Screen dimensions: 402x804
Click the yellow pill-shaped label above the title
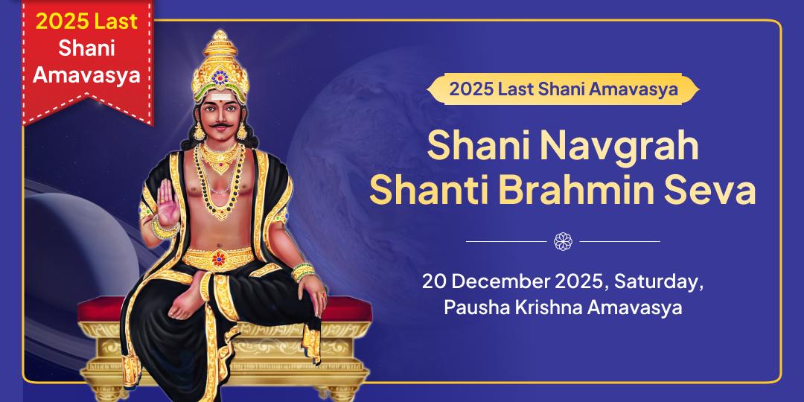(563, 90)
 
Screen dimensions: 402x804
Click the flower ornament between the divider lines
(563, 241)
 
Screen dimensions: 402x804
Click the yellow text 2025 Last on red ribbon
(88, 22)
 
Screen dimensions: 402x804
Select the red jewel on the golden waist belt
(219, 258)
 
